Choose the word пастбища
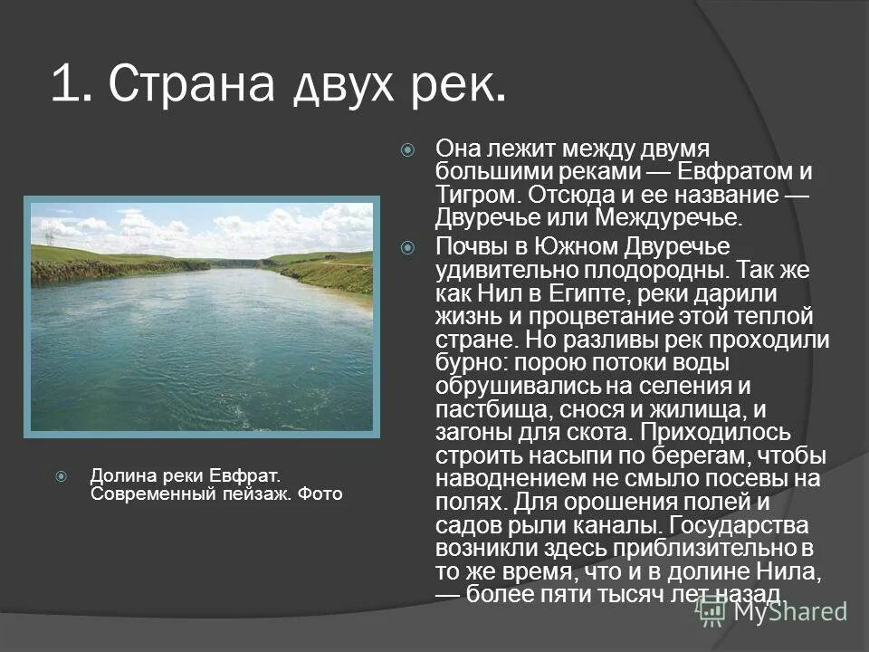pos(487,410)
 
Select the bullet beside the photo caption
pos(61,475)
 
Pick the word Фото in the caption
pos(322,494)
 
